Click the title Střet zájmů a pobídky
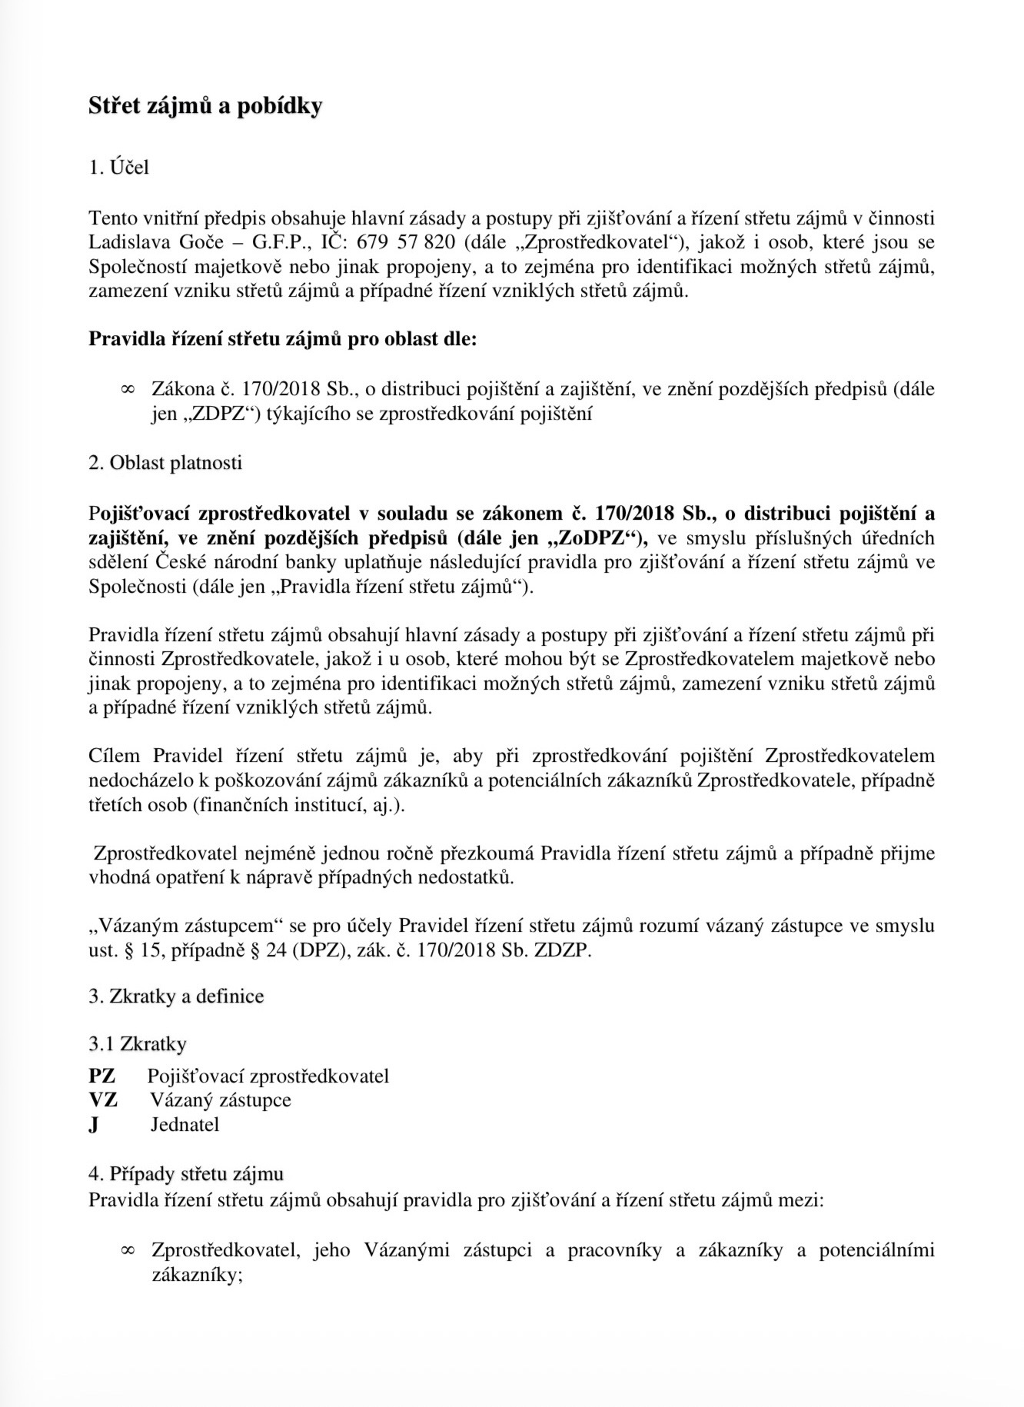205,106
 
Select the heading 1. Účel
119,168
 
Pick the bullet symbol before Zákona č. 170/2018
128,390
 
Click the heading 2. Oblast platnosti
165,463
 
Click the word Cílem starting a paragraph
115,757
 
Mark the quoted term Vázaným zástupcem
188,926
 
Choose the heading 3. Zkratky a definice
176,996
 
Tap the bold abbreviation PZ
102,1076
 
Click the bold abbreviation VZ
103,1100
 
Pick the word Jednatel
185,1125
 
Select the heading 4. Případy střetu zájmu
186,1174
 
